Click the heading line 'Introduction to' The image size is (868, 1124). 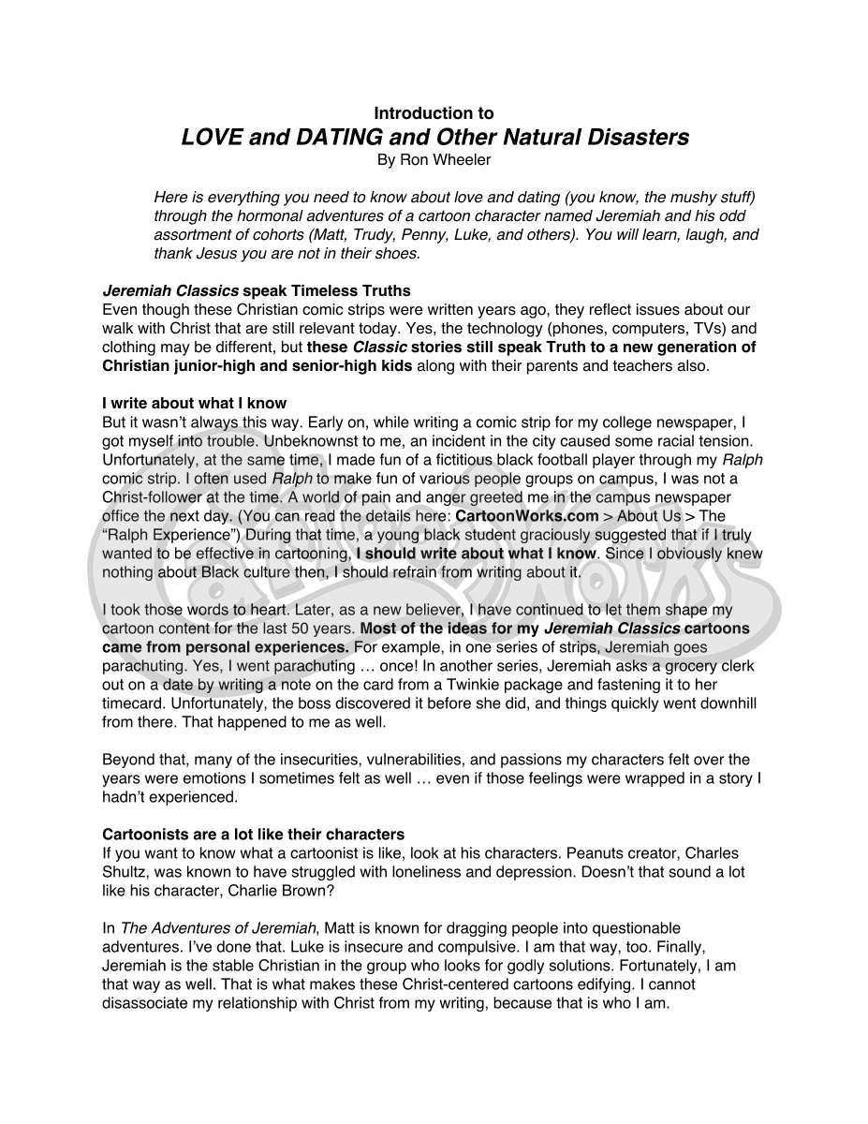pyautogui.click(x=434, y=113)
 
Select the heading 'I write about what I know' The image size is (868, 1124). pyautogui.click(x=194, y=404)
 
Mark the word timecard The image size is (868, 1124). pyautogui.click(x=132, y=703)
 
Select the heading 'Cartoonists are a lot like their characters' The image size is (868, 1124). pyautogui.click(x=253, y=835)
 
